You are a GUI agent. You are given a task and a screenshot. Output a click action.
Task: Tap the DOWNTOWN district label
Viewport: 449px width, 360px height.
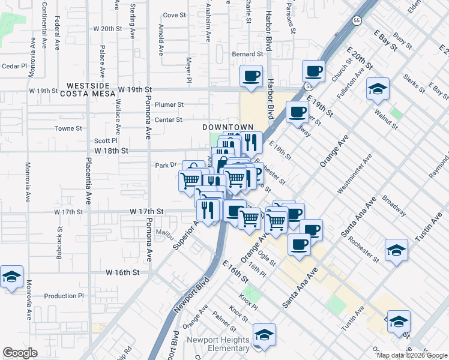click(x=228, y=128)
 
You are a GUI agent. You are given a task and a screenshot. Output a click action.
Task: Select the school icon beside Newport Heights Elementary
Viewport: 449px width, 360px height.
click(x=264, y=335)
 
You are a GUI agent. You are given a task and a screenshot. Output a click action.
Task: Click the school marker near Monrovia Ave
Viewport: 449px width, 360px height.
click(x=11, y=277)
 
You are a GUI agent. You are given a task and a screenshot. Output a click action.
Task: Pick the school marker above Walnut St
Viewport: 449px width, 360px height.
click(x=378, y=89)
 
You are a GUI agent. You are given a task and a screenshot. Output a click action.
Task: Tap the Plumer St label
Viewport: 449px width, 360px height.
click(x=169, y=104)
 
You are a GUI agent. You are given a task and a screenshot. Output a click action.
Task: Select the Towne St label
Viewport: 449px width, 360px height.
click(x=68, y=128)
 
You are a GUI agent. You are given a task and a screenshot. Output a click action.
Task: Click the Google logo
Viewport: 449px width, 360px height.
click(x=20, y=353)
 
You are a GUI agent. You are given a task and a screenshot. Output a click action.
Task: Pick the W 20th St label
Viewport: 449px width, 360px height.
click(x=108, y=28)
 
